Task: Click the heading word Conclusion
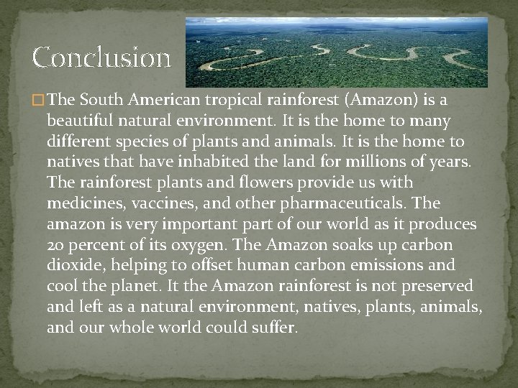coord(101,56)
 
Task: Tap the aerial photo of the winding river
coord(336,52)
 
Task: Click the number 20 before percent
coord(55,245)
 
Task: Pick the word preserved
coord(436,287)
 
